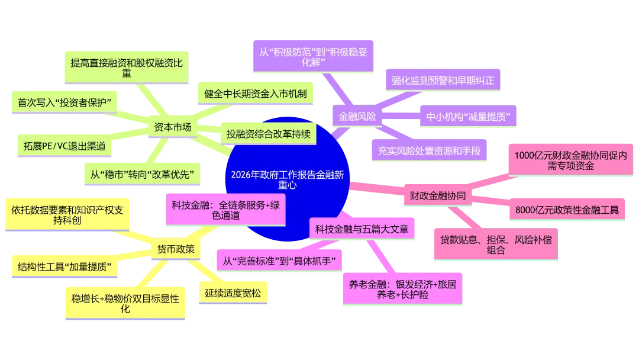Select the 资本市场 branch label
tap(173, 127)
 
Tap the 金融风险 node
tap(357, 116)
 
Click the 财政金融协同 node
tap(438, 195)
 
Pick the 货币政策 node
tap(176, 249)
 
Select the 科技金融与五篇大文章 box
tap(362, 229)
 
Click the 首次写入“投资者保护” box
tap(64, 102)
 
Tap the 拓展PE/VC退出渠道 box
tap(64, 146)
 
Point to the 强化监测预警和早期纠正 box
tap(443, 81)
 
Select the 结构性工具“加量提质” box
tap(65, 266)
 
